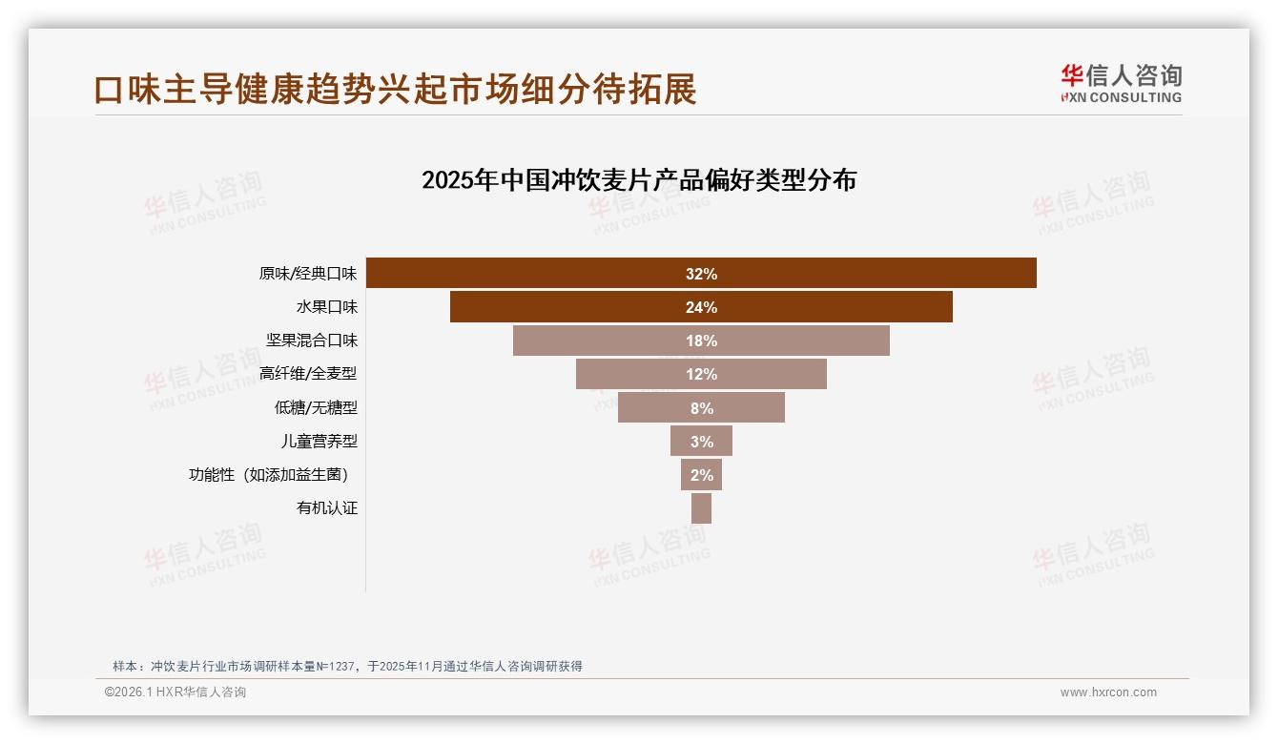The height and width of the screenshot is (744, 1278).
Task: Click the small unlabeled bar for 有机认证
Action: click(701, 508)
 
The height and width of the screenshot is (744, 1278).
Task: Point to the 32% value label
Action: click(701, 274)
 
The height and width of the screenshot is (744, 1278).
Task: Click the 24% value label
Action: click(701, 307)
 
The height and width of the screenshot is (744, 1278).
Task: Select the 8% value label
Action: click(701, 408)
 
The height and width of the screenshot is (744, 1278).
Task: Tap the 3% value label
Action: click(701, 442)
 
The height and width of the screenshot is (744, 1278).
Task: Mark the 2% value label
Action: click(701, 475)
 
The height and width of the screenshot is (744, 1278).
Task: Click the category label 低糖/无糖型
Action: click(316, 407)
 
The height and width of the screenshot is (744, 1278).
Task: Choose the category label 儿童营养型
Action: click(319, 442)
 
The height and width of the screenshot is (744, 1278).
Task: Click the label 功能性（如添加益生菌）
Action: click(273, 475)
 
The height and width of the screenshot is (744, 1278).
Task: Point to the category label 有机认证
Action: click(326, 508)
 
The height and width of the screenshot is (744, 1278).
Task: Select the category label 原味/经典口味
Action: click(307, 274)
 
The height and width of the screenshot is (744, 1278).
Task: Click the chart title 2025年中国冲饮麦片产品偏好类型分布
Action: click(639, 180)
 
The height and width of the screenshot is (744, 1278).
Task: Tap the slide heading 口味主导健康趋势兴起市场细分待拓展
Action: click(396, 89)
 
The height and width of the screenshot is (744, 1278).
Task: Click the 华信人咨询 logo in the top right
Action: click(1121, 83)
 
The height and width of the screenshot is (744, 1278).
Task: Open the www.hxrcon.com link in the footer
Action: click(1108, 692)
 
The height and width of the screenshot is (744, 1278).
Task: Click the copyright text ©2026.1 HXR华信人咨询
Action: click(175, 692)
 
